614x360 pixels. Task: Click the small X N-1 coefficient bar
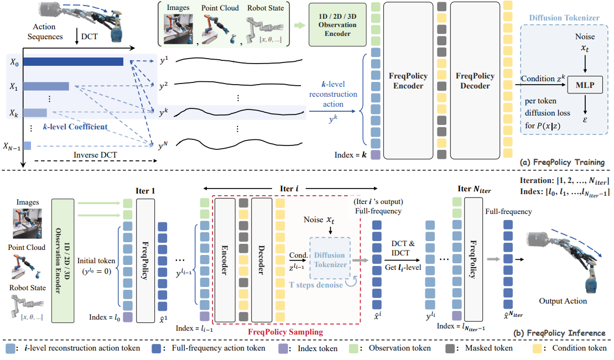point(27,146)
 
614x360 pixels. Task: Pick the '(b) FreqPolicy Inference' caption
point(558,333)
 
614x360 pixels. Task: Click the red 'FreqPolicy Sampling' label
point(285,332)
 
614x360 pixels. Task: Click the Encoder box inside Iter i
point(225,259)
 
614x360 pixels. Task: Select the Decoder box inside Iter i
point(261,259)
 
